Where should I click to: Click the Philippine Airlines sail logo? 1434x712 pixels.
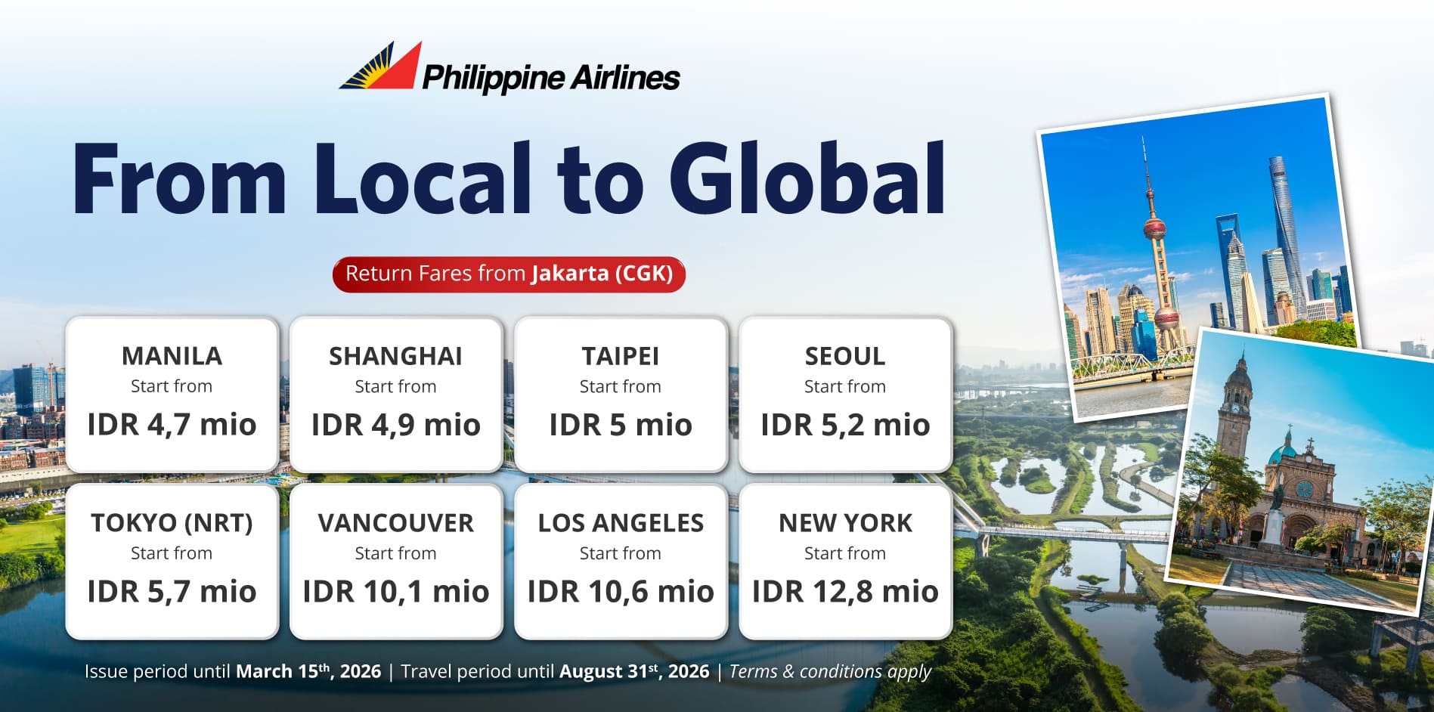pyautogui.click(x=381, y=67)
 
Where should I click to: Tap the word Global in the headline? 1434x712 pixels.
pyautogui.click(x=807, y=178)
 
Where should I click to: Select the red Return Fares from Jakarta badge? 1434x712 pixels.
pyautogui.click(x=509, y=274)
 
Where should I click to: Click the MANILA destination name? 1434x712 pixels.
pyautogui.click(x=172, y=356)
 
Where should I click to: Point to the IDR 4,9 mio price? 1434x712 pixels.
pyautogui.click(x=395, y=425)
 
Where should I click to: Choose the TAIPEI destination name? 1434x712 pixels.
pyautogui.click(x=620, y=356)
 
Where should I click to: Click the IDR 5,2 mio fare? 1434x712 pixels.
pyautogui.click(x=844, y=425)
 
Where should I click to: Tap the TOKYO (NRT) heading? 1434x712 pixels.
pyautogui.click(x=172, y=523)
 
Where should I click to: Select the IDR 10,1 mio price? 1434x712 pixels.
pyautogui.click(x=395, y=592)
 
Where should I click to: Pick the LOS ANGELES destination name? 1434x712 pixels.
pyautogui.click(x=620, y=523)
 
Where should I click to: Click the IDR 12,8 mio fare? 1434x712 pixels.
pyautogui.click(x=844, y=592)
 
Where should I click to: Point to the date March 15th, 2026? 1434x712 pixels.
pyautogui.click(x=308, y=671)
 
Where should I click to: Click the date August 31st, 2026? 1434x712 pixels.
pyautogui.click(x=634, y=671)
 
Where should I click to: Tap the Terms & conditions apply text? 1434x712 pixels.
pyautogui.click(x=830, y=672)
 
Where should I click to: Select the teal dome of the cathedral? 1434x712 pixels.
pyautogui.click(x=1282, y=453)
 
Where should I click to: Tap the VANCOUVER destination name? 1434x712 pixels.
pyautogui.click(x=395, y=523)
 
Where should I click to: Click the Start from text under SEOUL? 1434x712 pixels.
pyautogui.click(x=844, y=386)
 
